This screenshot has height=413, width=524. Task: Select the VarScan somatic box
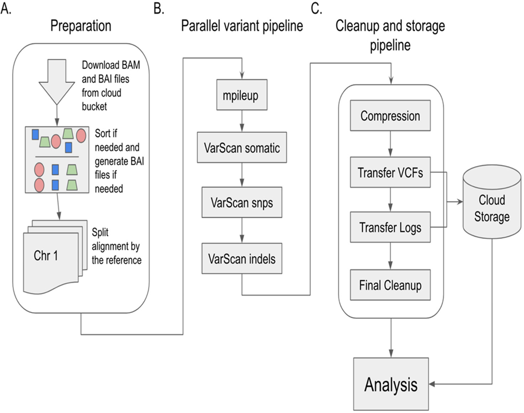[242, 147]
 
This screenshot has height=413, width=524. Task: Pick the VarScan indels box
[242, 258]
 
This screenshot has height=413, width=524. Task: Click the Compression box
[390, 117]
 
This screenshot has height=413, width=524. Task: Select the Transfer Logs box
[390, 228]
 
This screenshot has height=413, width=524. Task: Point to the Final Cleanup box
[390, 285]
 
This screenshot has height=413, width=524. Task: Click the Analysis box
[391, 384]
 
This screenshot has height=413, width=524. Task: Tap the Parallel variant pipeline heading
[242, 27]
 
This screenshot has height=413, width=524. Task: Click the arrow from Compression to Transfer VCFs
[390, 145]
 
